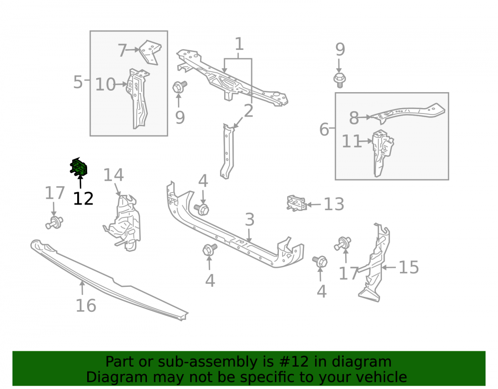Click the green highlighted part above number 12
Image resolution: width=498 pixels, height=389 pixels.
(x=79, y=166)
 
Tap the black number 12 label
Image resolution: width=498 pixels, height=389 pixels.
(x=83, y=199)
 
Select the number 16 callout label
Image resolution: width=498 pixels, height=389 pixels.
(x=86, y=305)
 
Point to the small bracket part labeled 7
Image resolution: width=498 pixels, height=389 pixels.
(x=150, y=52)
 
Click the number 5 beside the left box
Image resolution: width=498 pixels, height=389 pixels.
(x=78, y=82)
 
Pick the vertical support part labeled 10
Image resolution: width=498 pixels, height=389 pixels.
(x=138, y=99)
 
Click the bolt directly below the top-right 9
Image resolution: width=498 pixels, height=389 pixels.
(x=340, y=80)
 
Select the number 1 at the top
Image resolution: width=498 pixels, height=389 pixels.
(x=239, y=44)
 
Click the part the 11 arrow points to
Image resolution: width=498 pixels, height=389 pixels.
(x=382, y=153)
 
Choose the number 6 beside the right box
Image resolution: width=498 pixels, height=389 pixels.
(x=324, y=130)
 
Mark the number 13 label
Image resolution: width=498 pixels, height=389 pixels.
(x=334, y=204)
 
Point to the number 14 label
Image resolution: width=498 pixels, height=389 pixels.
(x=114, y=175)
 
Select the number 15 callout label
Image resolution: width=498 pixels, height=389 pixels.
(x=409, y=267)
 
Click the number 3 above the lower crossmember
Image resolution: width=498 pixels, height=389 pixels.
(x=249, y=220)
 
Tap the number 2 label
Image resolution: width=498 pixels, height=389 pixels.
(x=249, y=111)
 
